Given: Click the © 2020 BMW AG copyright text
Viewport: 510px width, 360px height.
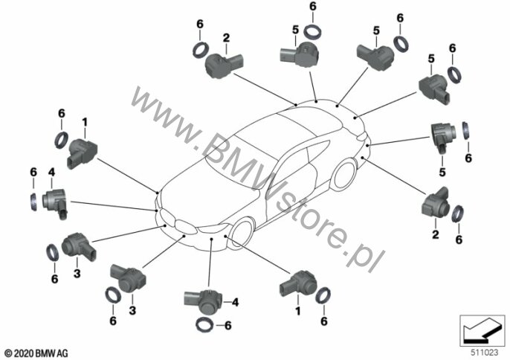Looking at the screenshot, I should point(36,350).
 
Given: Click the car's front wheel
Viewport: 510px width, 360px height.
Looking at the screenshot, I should point(245,231).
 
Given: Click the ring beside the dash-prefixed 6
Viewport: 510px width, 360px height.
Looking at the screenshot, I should point(203,324).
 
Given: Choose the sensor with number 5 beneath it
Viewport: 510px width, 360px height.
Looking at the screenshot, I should point(442,138).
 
